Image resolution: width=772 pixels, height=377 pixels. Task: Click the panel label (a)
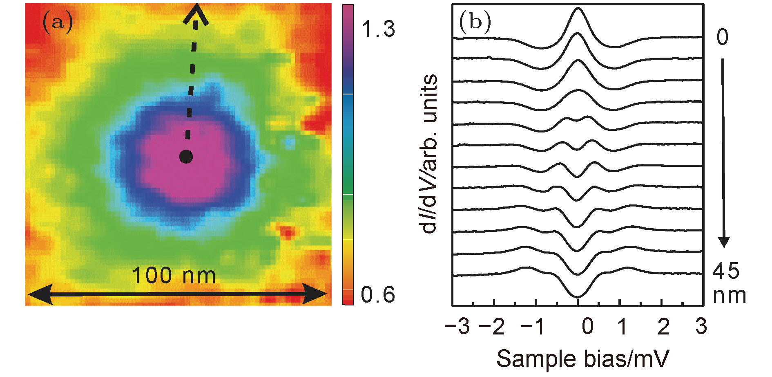(x=58, y=22)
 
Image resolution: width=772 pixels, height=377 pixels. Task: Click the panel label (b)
(x=475, y=22)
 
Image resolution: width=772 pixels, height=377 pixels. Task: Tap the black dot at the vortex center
(x=186, y=157)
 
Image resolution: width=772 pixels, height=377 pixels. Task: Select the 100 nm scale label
(x=174, y=275)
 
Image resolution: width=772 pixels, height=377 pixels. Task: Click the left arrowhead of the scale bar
(x=39, y=294)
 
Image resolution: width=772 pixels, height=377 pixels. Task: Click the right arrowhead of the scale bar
(x=317, y=294)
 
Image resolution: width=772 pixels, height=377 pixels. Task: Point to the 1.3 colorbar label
(x=378, y=29)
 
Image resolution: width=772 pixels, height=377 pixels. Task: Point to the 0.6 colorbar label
(x=378, y=295)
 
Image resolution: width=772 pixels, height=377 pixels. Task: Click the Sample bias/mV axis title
(x=583, y=359)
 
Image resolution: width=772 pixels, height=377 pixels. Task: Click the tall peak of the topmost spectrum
(x=577, y=9)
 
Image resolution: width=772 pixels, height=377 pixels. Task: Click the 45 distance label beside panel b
(x=726, y=271)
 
